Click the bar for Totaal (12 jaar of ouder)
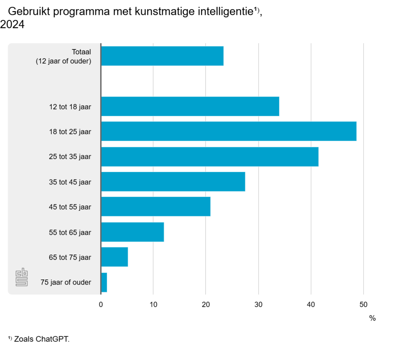pyautogui.click(x=162, y=56)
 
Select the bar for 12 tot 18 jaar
pyautogui.click(x=190, y=107)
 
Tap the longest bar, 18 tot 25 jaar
pyautogui.click(x=228, y=132)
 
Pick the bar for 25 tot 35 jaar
pyautogui.click(x=210, y=157)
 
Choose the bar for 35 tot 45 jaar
pyautogui.click(x=173, y=182)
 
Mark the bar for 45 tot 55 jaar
pyautogui.click(x=155, y=207)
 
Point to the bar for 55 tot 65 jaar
pyautogui.click(x=132, y=232)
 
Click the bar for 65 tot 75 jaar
pyautogui.click(x=114, y=257)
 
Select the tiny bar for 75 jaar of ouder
pyautogui.click(x=104, y=282)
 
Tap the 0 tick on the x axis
pyautogui.click(x=101, y=305)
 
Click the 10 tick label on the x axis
pyautogui.click(x=153, y=305)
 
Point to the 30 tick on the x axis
pyautogui.click(x=258, y=305)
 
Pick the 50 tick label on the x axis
pyautogui.click(x=363, y=305)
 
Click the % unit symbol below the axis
pyautogui.click(x=372, y=318)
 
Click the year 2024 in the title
pyautogui.click(x=12, y=25)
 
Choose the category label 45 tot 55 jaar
pyautogui.click(x=69, y=207)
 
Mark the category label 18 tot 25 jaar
pyautogui.click(x=69, y=132)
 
